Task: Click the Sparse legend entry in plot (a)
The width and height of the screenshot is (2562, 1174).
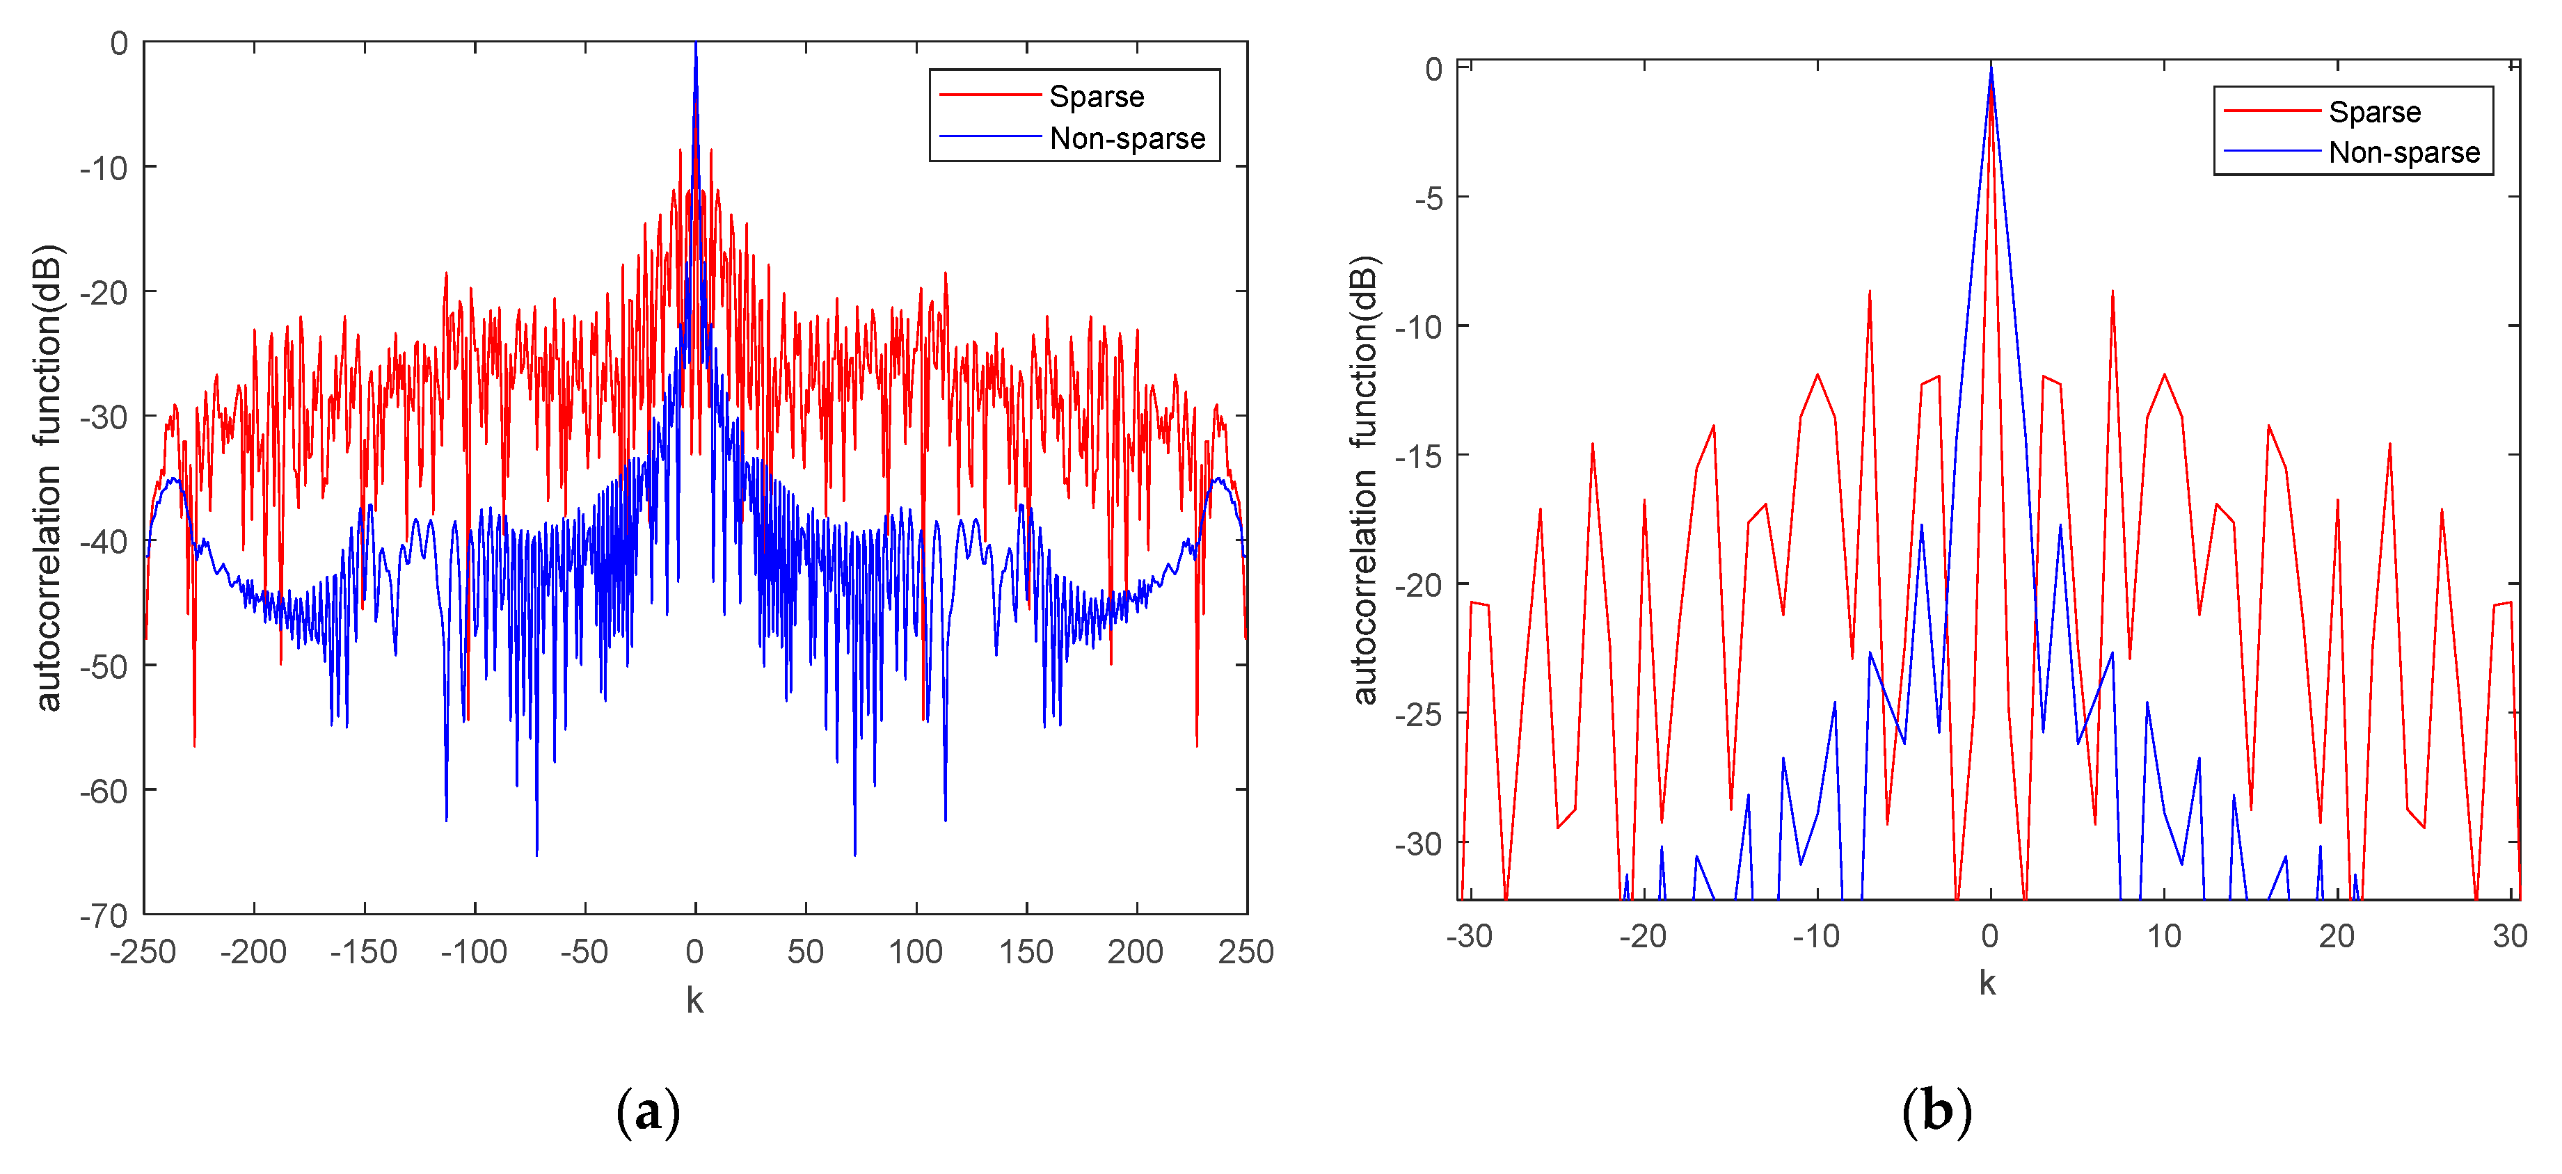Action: point(1096,97)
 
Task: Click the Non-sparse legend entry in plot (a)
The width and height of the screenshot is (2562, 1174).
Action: point(1126,138)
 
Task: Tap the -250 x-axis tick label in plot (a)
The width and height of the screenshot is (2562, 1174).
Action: point(143,951)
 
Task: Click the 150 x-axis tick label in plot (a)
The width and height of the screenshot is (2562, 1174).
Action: point(1026,951)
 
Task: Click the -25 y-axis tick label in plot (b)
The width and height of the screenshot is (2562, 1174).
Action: point(1418,714)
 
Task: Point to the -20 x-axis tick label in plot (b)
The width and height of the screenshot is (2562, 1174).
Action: point(1642,935)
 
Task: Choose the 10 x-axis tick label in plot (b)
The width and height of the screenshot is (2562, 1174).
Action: point(2163,935)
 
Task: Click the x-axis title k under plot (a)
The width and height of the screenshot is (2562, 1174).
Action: point(694,1000)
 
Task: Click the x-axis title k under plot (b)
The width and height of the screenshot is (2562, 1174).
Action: point(1987,983)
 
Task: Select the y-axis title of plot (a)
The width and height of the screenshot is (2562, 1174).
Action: point(48,477)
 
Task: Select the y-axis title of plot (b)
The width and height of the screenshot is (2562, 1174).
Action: point(1364,480)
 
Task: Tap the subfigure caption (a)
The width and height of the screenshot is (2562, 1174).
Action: point(649,1111)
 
